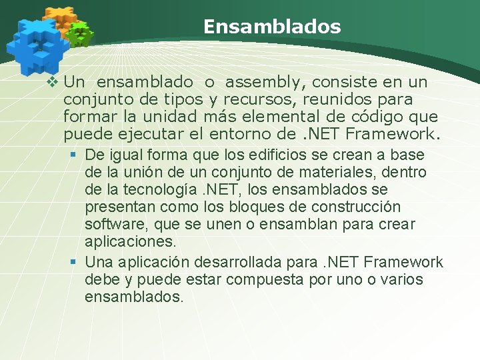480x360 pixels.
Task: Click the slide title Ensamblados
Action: tap(272, 27)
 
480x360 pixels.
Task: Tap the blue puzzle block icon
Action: tap(37, 45)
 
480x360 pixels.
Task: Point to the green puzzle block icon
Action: tap(81, 33)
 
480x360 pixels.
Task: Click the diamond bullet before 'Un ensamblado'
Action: tap(54, 83)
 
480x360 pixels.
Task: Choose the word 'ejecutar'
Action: tap(145, 135)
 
